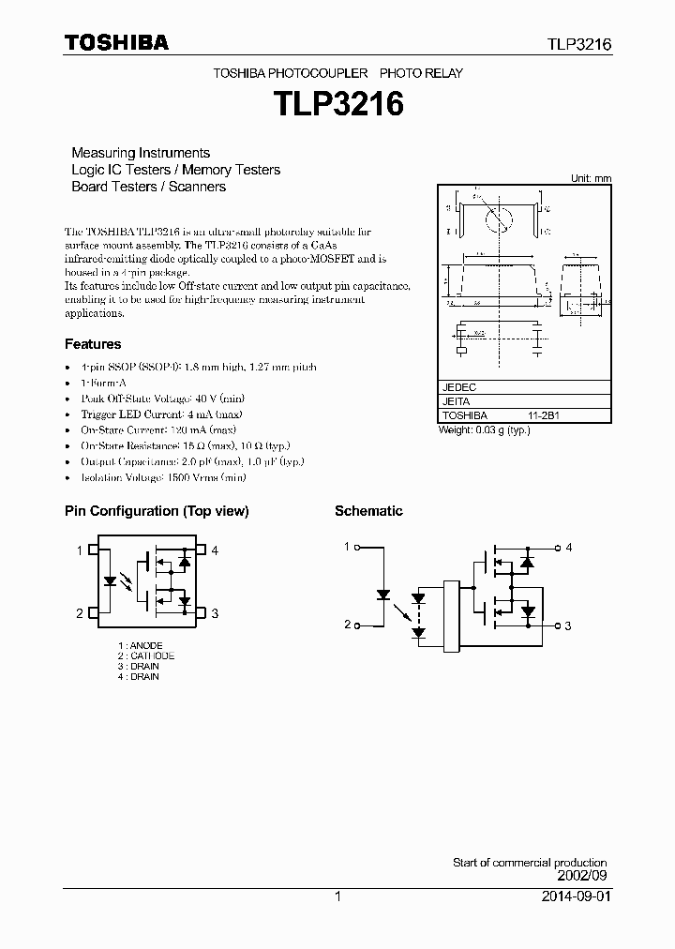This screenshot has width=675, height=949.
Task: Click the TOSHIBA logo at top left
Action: pos(116,43)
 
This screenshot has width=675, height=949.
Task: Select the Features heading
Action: pos(93,344)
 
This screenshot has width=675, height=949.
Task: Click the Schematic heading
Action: pos(368,511)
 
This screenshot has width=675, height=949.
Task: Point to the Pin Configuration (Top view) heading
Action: pos(157,511)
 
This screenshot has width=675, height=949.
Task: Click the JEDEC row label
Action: pos(459,387)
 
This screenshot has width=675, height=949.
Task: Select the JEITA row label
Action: pos(457,401)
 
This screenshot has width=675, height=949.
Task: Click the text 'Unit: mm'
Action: pos(591,178)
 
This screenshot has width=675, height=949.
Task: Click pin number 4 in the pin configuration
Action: pos(215,550)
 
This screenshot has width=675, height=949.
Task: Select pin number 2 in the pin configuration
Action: pos(80,613)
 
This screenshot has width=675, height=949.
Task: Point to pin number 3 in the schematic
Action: pos(568,625)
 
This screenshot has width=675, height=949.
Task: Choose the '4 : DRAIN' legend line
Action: pos(139,676)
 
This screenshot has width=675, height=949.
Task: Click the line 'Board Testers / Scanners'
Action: pos(149,187)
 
